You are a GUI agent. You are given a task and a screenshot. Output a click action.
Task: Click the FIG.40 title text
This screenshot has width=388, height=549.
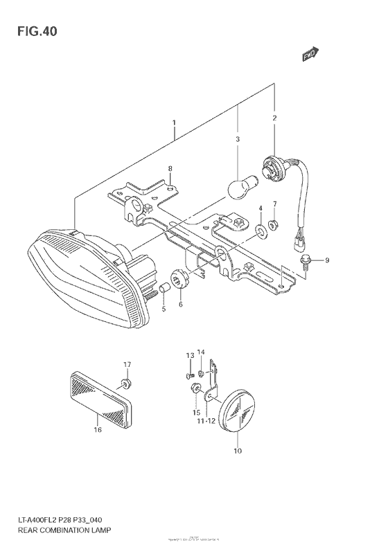click(33, 32)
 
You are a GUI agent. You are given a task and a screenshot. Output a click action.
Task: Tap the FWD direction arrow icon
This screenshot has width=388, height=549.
click(310, 55)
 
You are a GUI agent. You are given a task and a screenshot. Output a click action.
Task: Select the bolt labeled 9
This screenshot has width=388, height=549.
click(306, 260)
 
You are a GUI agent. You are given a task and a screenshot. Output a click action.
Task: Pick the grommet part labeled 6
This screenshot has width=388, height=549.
click(179, 281)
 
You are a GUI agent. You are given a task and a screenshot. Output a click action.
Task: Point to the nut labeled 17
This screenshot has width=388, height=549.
click(125, 383)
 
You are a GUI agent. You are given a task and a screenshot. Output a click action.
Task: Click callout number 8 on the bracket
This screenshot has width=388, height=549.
click(170, 168)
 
